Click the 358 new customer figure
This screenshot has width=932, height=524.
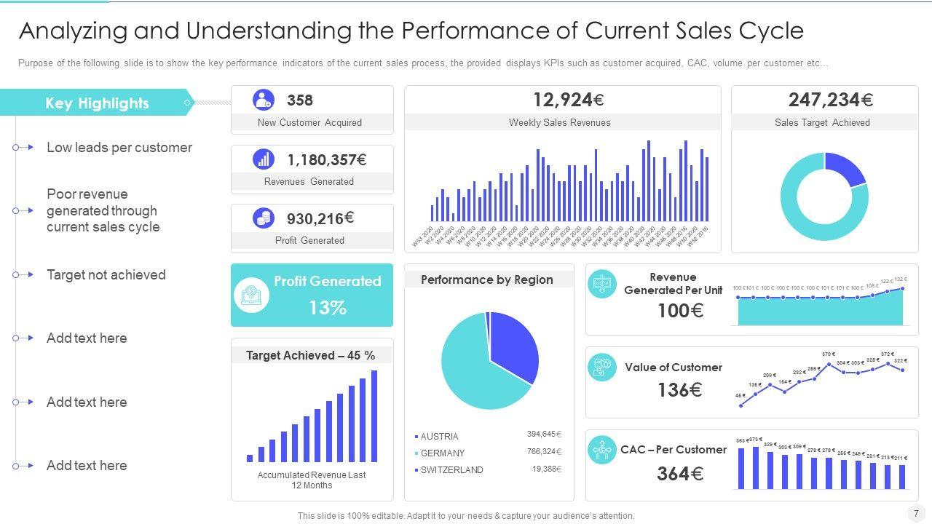pyautogui.click(x=300, y=100)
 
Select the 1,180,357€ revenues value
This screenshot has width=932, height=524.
pyautogui.click(x=327, y=160)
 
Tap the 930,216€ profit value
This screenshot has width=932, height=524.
pyautogui.click(x=320, y=218)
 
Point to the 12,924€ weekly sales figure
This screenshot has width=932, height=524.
pyautogui.click(x=568, y=100)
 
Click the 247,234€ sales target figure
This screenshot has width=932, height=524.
pyautogui.click(x=831, y=100)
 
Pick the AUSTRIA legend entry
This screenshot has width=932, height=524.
pyautogui.click(x=439, y=437)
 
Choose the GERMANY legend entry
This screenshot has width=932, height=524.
pyautogui.click(x=442, y=453)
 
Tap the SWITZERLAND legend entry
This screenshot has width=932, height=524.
pyautogui.click(x=451, y=470)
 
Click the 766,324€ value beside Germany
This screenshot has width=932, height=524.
pyautogui.click(x=544, y=451)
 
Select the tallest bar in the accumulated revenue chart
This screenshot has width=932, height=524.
pyautogui.click(x=374, y=416)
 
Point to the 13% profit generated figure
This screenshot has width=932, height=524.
pyautogui.click(x=328, y=308)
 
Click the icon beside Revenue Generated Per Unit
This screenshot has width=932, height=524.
pyautogui.click(x=602, y=284)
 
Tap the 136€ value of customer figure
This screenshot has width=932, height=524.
pyautogui.click(x=679, y=390)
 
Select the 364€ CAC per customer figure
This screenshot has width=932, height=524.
pyautogui.click(x=680, y=474)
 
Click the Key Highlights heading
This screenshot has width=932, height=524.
pyautogui.click(x=97, y=103)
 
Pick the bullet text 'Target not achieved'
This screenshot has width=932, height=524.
pyautogui.click(x=106, y=275)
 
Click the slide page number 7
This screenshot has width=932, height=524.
pyautogui.click(x=916, y=513)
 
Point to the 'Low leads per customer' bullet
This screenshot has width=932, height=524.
pyautogui.click(x=119, y=148)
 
